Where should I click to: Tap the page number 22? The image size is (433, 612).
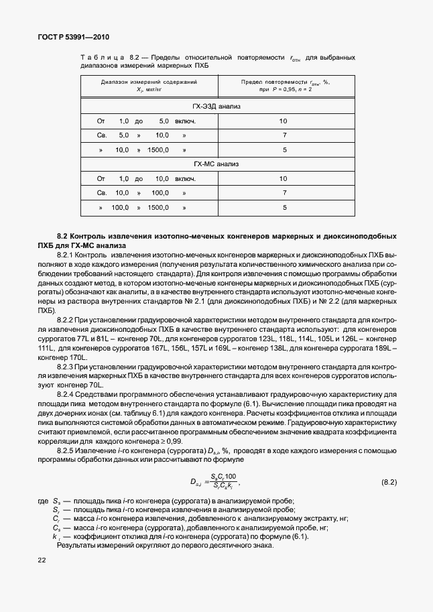42,560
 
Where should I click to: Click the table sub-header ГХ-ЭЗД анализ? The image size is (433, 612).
216,107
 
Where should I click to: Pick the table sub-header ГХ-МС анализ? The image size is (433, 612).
216,164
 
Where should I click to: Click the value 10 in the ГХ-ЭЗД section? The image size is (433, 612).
284,121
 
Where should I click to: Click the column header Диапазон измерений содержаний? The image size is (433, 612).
149,82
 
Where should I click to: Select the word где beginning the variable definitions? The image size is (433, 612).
43,502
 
